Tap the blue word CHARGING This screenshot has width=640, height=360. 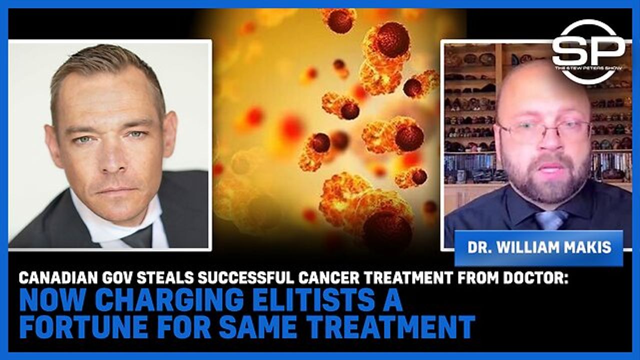click(169, 301)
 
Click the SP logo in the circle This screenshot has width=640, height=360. click(588, 51)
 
